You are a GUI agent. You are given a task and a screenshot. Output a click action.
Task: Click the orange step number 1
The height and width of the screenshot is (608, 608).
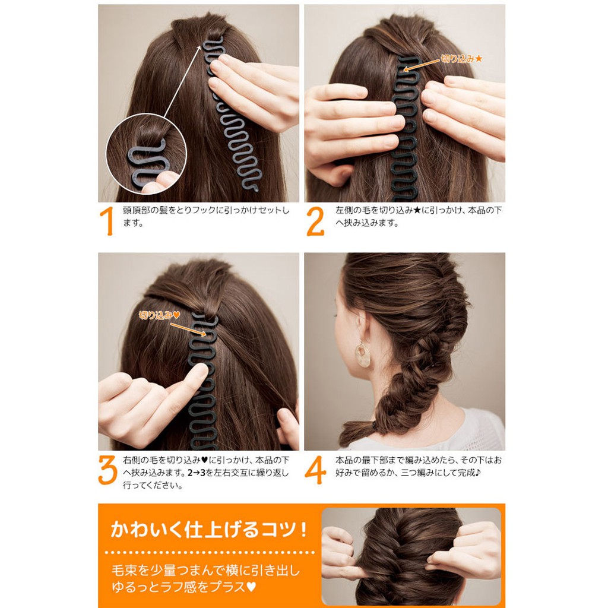(107, 221)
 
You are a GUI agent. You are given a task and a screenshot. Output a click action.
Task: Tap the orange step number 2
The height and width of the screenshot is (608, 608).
(315, 221)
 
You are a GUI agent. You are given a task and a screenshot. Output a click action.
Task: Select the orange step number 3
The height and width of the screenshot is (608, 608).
(107, 470)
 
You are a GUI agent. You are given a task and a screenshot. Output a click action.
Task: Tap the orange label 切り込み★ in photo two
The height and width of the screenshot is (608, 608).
(462, 59)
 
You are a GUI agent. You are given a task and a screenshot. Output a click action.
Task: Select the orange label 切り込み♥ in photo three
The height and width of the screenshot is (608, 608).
(159, 315)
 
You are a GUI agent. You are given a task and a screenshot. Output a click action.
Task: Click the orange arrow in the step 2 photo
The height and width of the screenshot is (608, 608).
(422, 65)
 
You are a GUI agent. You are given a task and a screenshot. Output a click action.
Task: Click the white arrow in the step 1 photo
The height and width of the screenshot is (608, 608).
(183, 81)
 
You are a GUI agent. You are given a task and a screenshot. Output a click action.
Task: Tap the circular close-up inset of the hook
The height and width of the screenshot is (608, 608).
(146, 154)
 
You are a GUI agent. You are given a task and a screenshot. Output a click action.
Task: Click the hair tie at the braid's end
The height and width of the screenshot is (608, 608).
(374, 426)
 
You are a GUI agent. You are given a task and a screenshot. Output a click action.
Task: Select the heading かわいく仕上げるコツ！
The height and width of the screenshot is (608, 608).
(209, 529)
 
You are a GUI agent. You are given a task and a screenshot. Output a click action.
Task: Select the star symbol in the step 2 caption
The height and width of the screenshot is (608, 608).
(417, 211)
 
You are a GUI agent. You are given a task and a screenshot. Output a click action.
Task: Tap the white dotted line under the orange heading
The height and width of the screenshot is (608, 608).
(210, 552)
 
